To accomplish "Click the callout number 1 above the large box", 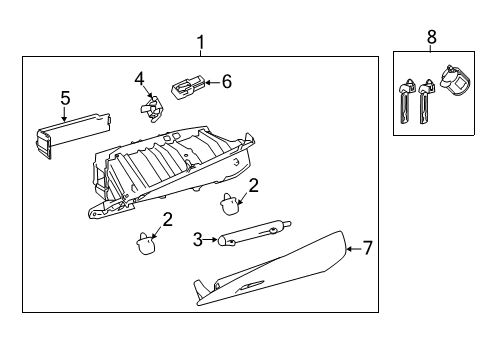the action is pyautogui.click(x=200, y=43).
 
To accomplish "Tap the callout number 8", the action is pyautogui.click(x=432, y=37).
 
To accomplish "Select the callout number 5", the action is pyautogui.click(x=65, y=98).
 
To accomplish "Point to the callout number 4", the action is pyautogui.click(x=139, y=79).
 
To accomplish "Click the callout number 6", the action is pyautogui.click(x=227, y=82).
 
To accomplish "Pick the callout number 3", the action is pyautogui.click(x=198, y=239).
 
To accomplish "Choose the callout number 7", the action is pyautogui.click(x=367, y=248).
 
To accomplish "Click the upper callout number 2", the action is pyautogui.click(x=254, y=186).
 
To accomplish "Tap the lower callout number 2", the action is pyautogui.click(x=167, y=220).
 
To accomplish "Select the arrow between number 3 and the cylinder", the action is pyautogui.click(x=210, y=240).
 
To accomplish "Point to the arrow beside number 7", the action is pyautogui.click(x=354, y=249).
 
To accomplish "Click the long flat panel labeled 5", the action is pyautogui.click(x=73, y=134).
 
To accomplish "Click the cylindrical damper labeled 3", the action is pyautogui.click(x=254, y=233).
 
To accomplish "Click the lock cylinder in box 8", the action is pyautogui.click(x=455, y=81).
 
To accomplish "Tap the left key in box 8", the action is pyautogui.click(x=406, y=102).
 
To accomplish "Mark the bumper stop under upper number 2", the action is pyautogui.click(x=230, y=204).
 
